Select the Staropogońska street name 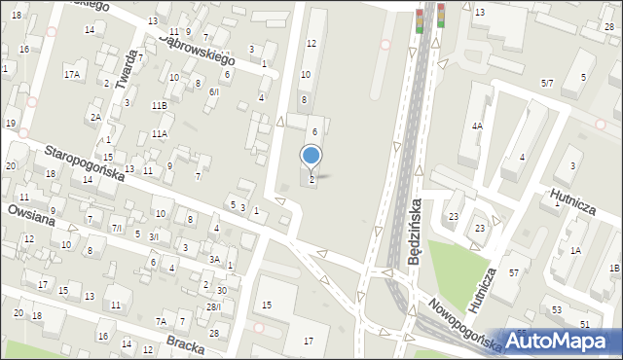pos(85,162)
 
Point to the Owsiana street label pos(33,220)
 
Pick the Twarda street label pos(124,69)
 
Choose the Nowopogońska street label pos(464,324)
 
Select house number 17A pos(71,74)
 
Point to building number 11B pos(159,104)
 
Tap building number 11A pos(159,133)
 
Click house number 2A pos(95,117)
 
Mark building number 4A pos(477,126)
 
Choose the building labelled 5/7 pos(547,84)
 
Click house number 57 pos(513,272)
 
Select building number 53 pos(557,309)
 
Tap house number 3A pos(214,259)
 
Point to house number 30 pos(222,291)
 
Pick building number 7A pos(162,321)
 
